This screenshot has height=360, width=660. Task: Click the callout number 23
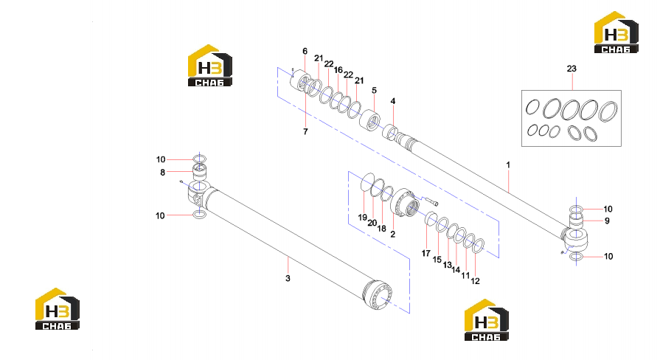click(x=572, y=69)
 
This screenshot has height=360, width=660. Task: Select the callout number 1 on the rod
click(x=508, y=165)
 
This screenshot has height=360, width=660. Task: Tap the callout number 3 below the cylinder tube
click(x=288, y=278)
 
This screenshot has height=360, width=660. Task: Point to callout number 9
click(x=607, y=221)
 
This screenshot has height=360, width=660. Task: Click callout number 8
click(x=162, y=172)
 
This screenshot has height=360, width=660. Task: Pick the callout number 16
click(x=338, y=70)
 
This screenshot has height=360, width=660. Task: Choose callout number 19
click(x=362, y=218)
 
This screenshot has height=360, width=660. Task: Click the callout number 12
click(x=475, y=281)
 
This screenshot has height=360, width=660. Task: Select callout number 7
click(x=305, y=132)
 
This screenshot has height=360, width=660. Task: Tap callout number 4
click(x=393, y=101)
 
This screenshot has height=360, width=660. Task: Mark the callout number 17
click(x=426, y=253)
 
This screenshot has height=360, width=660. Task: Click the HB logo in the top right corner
click(x=616, y=32)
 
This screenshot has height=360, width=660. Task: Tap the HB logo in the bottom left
click(x=58, y=308)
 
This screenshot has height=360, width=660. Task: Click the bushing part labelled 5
click(x=370, y=120)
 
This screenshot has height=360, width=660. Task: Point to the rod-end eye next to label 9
click(x=575, y=238)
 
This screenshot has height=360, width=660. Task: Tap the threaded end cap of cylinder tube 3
click(x=378, y=295)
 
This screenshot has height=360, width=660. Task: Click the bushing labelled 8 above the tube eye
click(x=200, y=173)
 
